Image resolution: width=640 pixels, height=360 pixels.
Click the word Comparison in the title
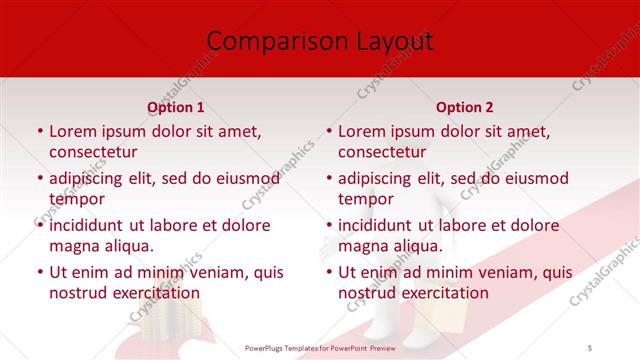266,41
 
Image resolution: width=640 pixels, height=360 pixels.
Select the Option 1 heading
176,107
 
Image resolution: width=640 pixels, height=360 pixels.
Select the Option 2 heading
464,107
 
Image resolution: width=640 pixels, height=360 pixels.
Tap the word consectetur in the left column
93,152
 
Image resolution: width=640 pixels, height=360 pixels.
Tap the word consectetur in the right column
382,152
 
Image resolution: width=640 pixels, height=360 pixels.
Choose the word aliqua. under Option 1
129,246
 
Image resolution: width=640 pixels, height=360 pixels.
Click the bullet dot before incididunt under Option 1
39,226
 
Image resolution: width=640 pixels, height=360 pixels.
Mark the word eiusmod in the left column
246,178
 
